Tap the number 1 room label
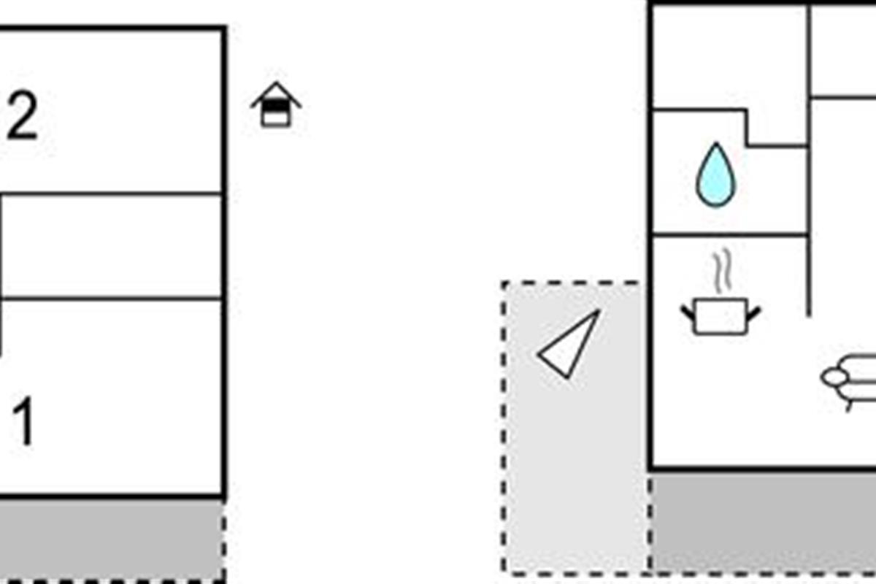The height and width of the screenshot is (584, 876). (23, 423)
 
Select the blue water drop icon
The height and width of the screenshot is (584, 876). (715, 175)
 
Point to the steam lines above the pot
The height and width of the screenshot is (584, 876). (722, 272)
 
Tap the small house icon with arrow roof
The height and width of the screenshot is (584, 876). (276, 106)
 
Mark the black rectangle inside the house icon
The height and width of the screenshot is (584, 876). (276, 107)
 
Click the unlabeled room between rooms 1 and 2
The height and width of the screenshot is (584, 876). (109, 247)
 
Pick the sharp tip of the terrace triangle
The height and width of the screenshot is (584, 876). (599, 312)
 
